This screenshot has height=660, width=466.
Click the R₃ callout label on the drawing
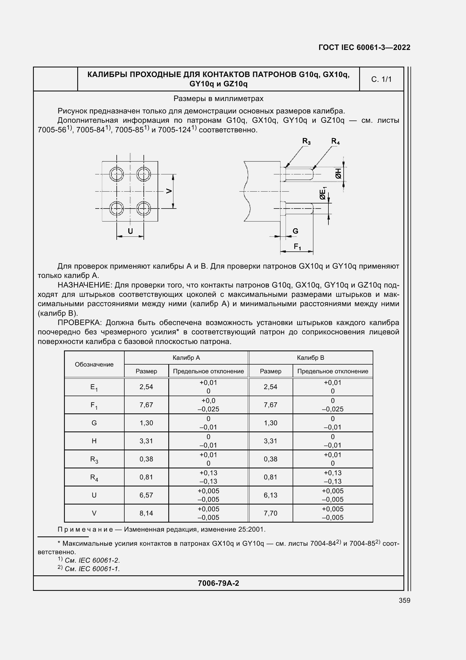[306, 141]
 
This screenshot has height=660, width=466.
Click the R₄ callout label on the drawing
[335, 141]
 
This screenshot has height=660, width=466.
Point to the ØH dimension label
[339, 173]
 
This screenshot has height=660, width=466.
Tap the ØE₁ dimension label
[323, 194]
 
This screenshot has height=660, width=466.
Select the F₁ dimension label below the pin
[297, 246]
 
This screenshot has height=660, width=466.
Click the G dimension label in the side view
[295, 231]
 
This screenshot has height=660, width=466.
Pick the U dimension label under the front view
[130, 231]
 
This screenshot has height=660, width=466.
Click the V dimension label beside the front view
[169, 191]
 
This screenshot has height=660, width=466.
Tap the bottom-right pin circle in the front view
[143, 209]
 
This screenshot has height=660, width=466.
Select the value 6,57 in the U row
[146, 495]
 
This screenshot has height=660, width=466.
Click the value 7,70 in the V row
[270, 513]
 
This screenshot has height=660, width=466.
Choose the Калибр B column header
[310, 358]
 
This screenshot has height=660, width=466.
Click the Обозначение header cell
[94, 364]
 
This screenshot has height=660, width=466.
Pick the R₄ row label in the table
[94, 477]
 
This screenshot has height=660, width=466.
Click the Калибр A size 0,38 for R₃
[146, 459]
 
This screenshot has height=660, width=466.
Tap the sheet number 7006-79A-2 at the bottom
[218, 583]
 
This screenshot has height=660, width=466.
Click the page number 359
[404, 600]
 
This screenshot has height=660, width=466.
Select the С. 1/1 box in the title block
[381, 79]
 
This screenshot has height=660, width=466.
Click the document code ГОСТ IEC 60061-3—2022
[364, 47]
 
